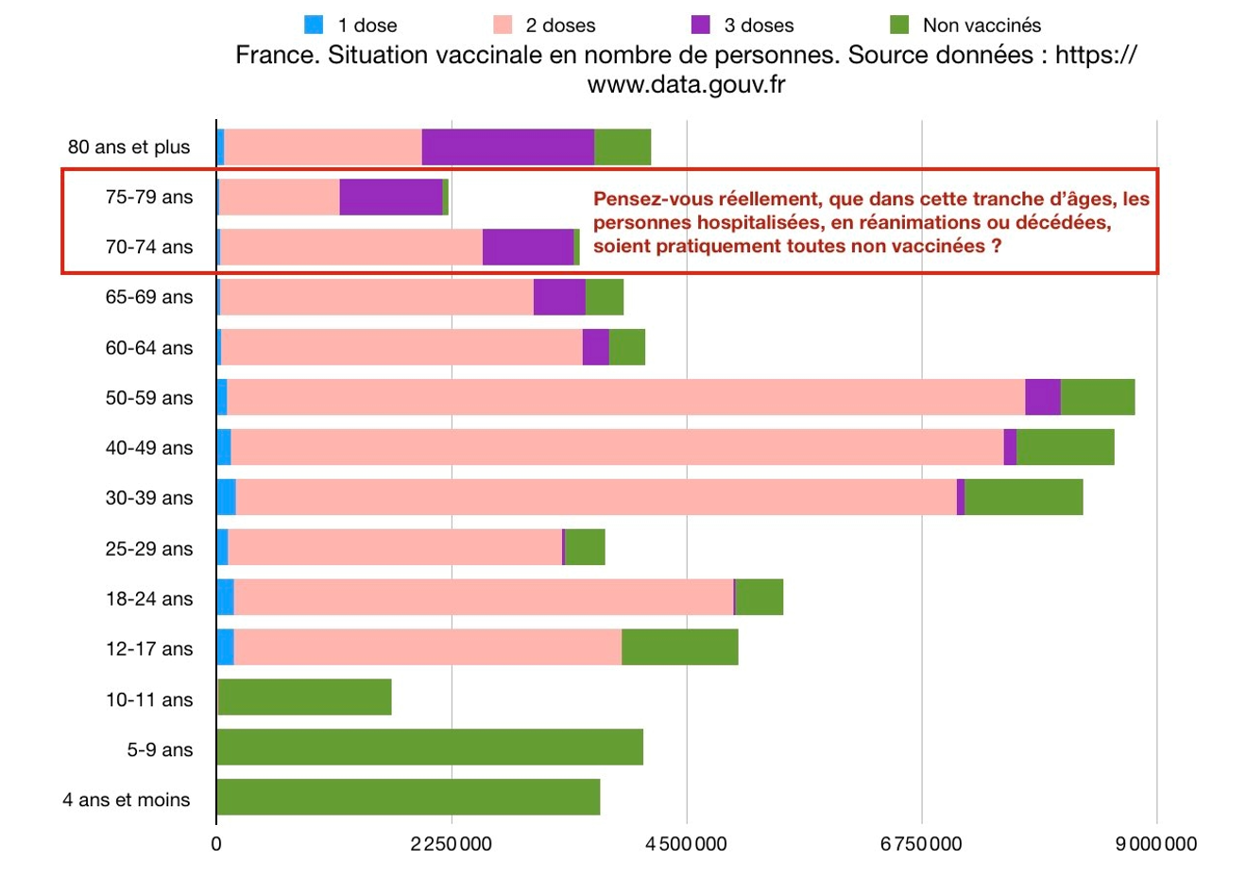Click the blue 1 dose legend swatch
tap(314, 26)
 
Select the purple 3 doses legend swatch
tap(701, 26)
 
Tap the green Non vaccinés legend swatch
tap(899, 26)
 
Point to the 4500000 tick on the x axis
tap(687, 843)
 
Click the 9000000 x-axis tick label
tap(1155, 843)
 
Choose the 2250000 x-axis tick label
tap(452, 843)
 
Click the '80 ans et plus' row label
tap(128, 147)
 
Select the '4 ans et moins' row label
tap(127, 800)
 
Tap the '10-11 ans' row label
tap(149, 700)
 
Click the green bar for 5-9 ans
tap(430, 748)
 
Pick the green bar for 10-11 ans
tap(304, 697)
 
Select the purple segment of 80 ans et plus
tap(507, 147)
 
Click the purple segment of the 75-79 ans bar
tap(391, 197)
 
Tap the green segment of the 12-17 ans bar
tap(679, 647)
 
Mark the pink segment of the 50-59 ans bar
tap(625, 397)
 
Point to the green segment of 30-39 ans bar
tap(1023, 497)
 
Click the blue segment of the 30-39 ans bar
tap(226, 497)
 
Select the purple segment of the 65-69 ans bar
tap(559, 297)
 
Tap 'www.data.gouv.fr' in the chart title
tap(687, 85)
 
